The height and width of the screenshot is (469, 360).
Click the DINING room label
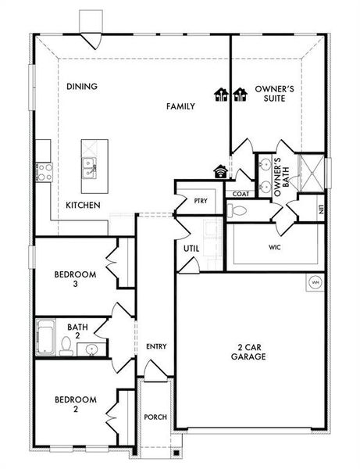(x=82, y=87)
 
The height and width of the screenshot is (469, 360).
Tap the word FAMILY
(x=180, y=106)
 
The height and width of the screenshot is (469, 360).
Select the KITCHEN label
(x=83, y=205)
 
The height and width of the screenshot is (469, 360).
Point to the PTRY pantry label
(x=201, y=201)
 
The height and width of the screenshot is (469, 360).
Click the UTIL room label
(x=191, y=249)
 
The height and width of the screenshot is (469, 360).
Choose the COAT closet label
(x=241, y=194)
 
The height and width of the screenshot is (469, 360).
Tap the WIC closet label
(x=275, y=247)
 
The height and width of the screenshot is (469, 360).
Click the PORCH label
(x=155, y=417)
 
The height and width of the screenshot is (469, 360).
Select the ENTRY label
(x=156, y=346)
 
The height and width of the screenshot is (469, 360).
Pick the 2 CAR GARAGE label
(x=248, y=352)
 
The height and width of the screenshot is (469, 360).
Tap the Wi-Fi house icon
(x=221, y=171)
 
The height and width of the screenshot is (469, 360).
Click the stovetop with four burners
(x=45, y=173)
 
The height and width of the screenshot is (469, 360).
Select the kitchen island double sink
(x=89, y=168)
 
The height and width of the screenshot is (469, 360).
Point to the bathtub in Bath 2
(x=45, y=338)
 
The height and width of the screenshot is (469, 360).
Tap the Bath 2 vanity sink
(x=91, y=349)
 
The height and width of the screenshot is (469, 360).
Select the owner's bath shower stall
(x=312, y=173)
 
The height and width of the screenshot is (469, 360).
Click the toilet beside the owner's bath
(x=237, y=211)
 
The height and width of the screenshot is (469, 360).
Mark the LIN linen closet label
(x=321, y=209)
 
